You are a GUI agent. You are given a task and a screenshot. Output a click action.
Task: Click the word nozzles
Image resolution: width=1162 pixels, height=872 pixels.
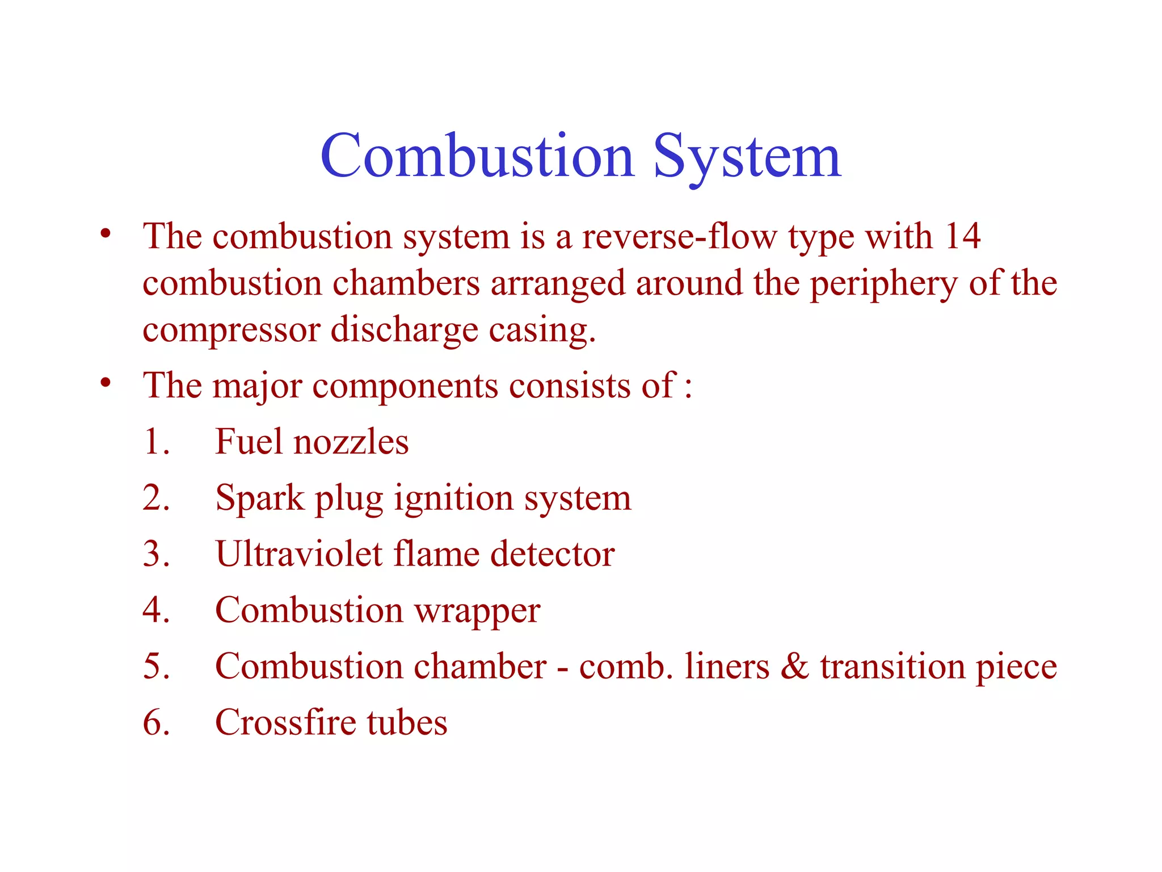[x=351, y=442]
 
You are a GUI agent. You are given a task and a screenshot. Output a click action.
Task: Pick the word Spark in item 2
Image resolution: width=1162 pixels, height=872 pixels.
[x=260, y=498]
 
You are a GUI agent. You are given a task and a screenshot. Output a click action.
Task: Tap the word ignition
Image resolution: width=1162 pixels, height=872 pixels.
[x=453, y=498]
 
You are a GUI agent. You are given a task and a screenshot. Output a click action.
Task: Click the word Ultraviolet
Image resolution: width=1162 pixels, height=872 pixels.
[x=299, y=554]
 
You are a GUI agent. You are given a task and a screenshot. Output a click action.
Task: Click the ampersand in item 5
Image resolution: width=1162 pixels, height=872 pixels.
[x=794, y=666]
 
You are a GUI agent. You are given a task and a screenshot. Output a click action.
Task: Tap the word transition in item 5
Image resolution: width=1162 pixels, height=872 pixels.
[x=892, y=666]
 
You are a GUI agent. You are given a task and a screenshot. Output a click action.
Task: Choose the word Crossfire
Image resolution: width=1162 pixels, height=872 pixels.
[x=285, y=723]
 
